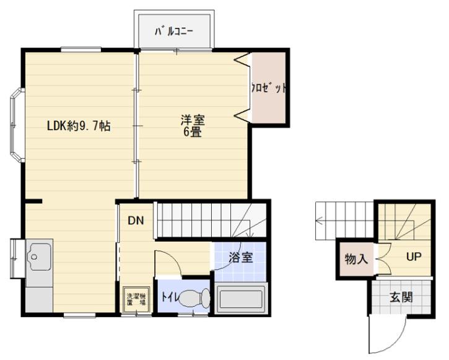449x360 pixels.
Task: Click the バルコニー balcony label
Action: (x=174, y=32)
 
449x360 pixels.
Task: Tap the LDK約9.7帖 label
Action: (x=79, y=126)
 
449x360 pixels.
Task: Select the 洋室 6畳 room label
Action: (x=193, y=126)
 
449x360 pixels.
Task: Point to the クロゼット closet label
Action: (x=269, y=88)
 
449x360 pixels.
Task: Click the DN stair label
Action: (x=136, y=220)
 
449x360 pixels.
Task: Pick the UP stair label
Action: (x=414, y=257)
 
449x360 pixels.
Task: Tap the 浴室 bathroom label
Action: (x=240, y=258)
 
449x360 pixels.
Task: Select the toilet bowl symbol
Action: (x=194, y=299)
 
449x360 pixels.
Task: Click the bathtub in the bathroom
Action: (x=240, y=299)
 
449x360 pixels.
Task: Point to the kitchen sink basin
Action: (x=39, y=257)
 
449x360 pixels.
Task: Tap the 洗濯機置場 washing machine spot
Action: (x=136, y=299)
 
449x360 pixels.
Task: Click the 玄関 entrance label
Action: (x=401, y=297)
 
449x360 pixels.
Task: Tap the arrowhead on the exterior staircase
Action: (x=319, y=221)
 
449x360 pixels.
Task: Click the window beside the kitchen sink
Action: (x=15, y=258)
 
